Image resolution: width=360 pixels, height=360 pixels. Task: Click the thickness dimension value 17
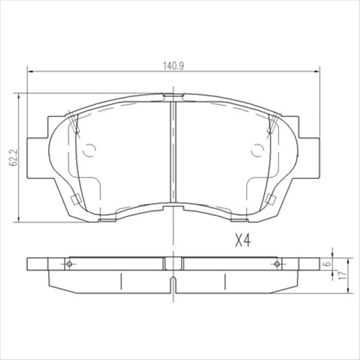click(x=344, y=276)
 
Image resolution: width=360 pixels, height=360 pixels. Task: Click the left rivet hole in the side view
click(x=70, y=264)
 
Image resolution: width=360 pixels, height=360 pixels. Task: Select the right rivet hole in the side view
click(x=276, y=264)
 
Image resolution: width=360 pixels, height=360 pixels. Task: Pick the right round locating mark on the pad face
click(x=258, y=150)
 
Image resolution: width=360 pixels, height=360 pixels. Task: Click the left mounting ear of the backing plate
click(x=37, y=152)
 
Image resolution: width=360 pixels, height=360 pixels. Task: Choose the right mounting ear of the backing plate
click(x=309, y=152)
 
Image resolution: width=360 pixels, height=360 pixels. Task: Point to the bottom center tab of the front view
click(x=173, y=208)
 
